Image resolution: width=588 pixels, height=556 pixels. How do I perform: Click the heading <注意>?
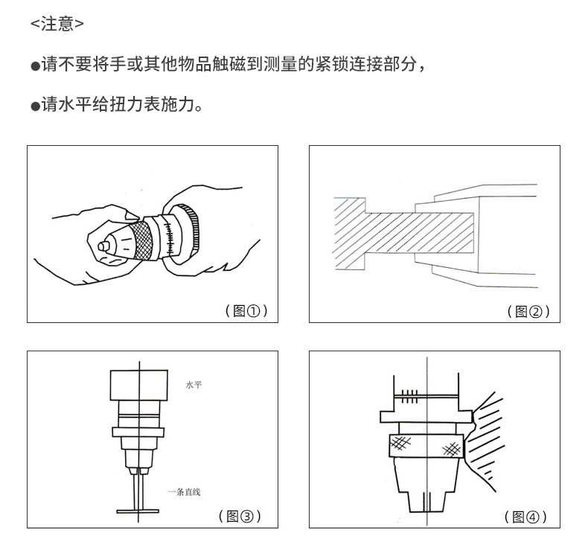[57, 24]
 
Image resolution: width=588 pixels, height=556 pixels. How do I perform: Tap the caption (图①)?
[246, 311]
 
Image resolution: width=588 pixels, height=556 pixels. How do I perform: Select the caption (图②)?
[528, 311]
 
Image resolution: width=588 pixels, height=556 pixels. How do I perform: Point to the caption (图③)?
[240, 517]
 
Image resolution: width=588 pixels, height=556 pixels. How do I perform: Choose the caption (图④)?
[525, 517]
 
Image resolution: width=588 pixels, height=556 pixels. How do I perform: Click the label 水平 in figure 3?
[194, 385]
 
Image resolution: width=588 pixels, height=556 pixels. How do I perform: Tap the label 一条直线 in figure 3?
[184, 492]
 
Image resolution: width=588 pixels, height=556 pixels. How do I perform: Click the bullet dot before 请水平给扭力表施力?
[35, 106]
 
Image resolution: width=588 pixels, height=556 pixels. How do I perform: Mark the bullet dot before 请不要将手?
[35, 66]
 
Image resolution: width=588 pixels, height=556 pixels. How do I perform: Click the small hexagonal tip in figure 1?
[104, 246]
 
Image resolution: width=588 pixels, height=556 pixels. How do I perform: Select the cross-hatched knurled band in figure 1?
[141, 240]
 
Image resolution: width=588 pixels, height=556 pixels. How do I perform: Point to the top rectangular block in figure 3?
[138, 385]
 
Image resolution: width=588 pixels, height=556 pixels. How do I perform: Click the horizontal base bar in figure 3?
[138, 511]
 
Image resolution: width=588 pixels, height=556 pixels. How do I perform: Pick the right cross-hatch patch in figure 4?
[452, 449]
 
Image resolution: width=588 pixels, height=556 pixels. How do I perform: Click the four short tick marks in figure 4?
[409, 396]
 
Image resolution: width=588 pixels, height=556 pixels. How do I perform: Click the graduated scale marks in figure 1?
[169, 237]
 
